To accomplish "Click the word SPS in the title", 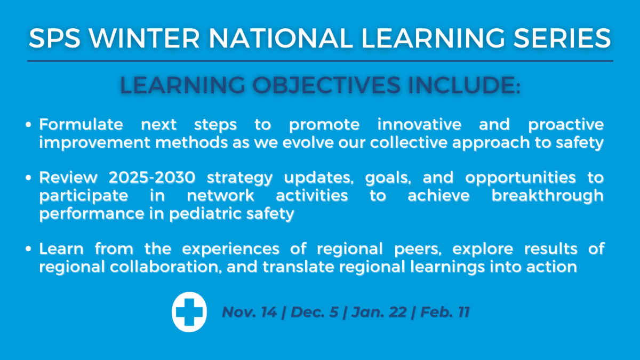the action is tap(54, 38).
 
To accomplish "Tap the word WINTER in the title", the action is tap(144, 38).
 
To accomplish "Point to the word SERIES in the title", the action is tap(562, 38).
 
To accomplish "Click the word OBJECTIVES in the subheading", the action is tap(326, 85).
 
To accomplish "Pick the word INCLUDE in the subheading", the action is tap(462, 85).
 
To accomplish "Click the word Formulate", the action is tap(81, 125).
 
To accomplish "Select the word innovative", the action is tap(419, 125).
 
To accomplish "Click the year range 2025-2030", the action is tap(152, 178).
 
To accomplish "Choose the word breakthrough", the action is tap(547, 195).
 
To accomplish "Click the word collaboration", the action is tap(166, 267).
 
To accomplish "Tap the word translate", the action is tap(298, 267).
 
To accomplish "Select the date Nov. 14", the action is tap(250, 311).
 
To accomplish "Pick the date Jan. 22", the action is tap(379, 311).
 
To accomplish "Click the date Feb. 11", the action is tap(445, 311).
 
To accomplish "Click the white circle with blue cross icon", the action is tap(189, 312).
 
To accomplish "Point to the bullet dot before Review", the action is tap(28, 178).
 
